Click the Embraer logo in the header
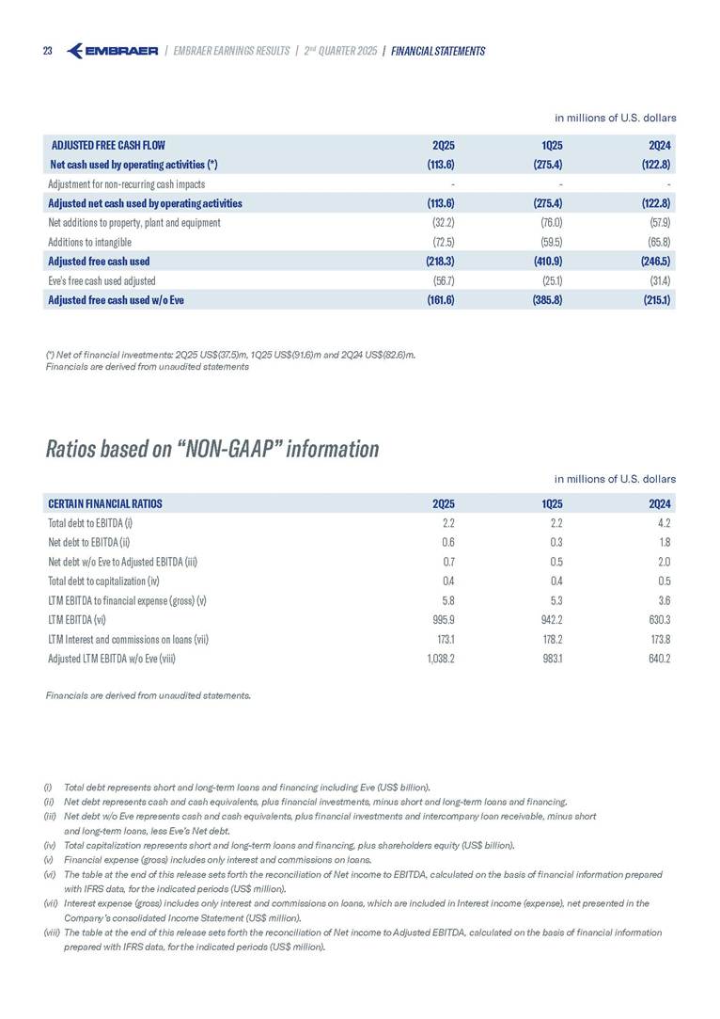click(114, 51)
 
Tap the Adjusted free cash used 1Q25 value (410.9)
click(547, 261)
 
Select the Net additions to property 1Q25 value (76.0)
click(549, 223)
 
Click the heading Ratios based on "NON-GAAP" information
click(211, 449)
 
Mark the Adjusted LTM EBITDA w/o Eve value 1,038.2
click(435, 658)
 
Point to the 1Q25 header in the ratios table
click(551, 502)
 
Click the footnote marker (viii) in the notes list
click(52, 932)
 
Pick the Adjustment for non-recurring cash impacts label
click(126, 183)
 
